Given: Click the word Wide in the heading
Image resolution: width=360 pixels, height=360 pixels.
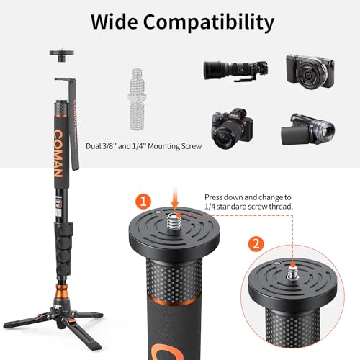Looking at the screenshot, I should click(117, 22).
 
